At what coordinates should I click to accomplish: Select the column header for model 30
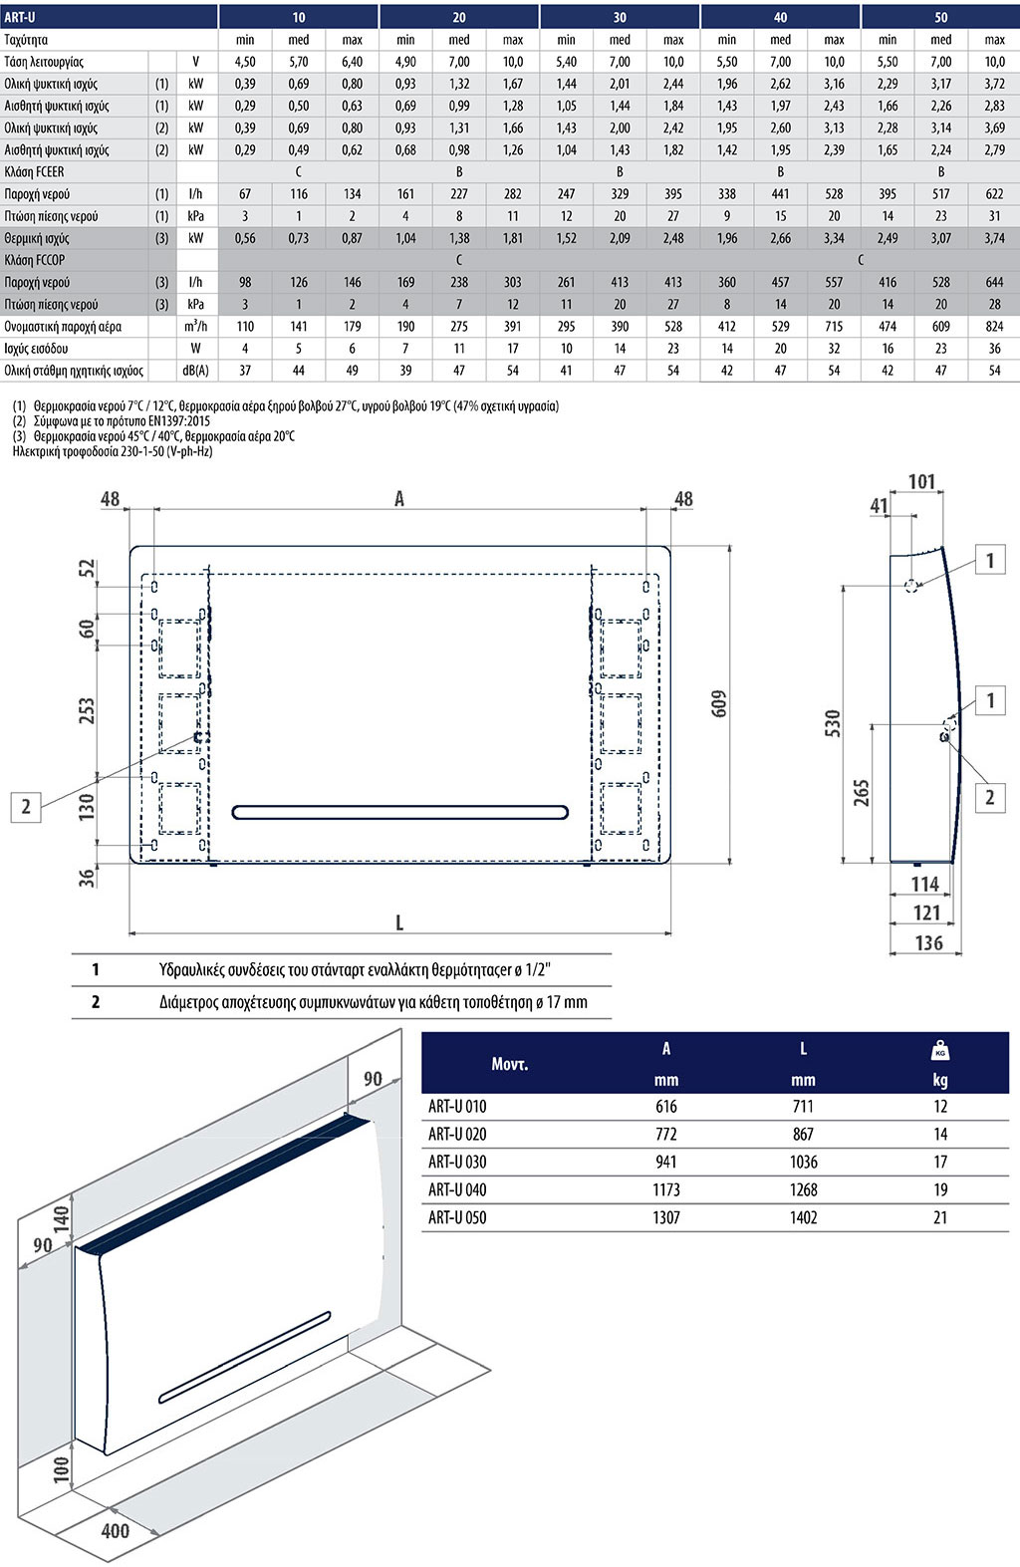[620, 17]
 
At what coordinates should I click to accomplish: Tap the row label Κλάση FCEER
[34, 172]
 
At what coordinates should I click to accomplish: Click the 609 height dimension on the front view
[720, 703]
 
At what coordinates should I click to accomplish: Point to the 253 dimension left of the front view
[87, 709]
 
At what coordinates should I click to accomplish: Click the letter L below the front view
[399, 922]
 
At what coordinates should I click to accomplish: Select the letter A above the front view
[399, 499]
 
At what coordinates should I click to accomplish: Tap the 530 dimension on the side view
[833, 723]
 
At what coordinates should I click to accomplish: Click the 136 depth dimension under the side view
[928, 942]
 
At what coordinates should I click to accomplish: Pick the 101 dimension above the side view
[922, 482]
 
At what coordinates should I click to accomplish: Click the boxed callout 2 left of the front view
[26, 806]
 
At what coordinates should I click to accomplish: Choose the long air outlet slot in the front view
[399, 813]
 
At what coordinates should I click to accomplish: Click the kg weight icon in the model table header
[940, 1050]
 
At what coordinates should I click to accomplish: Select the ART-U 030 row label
[457, 1162]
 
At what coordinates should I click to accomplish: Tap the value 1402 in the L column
[803, 1217]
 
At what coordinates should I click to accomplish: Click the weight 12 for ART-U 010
[940, 1106]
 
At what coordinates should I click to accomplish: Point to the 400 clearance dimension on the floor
[116, 1530]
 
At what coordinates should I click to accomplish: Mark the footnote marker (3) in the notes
[19, 436]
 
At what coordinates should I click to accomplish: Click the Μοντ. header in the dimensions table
[510, 1064]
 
